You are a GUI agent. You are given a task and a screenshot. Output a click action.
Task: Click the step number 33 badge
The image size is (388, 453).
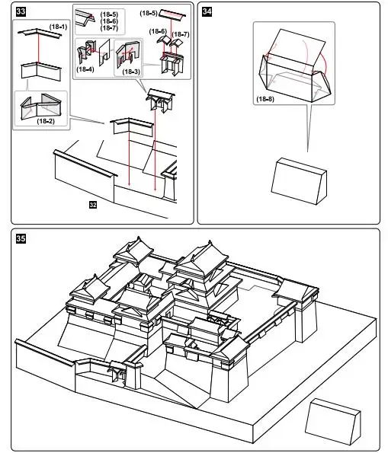[21, 11]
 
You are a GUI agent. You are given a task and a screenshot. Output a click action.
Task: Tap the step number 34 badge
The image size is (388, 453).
[207, 11]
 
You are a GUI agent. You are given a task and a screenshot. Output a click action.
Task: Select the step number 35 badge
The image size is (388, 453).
[21, 238]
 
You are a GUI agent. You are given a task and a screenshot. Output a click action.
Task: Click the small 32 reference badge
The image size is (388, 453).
[93, 205]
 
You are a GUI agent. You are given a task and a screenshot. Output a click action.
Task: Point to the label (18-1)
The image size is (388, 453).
[58, 27]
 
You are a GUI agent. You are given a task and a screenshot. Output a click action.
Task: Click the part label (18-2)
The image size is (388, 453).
[46, 121]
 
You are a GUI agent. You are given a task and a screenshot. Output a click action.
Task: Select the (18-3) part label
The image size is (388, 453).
[131, 72]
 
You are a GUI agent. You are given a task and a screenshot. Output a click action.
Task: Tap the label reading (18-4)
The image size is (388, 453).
[85, 69]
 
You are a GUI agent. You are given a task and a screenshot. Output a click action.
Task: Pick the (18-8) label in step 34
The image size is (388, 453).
[265, 99]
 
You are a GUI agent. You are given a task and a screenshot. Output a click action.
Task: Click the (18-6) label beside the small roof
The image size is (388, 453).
[158, 31]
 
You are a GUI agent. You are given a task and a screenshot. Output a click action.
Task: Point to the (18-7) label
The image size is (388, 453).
[181, 34]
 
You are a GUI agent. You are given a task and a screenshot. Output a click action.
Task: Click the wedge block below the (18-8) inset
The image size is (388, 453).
[299, 181]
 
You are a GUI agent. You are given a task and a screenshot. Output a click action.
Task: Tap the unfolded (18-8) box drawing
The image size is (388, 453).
[295, 67]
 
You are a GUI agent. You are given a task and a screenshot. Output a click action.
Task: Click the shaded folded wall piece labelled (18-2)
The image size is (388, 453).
[41, 107]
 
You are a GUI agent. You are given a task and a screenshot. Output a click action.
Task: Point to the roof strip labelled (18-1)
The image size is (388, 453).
[40, 33]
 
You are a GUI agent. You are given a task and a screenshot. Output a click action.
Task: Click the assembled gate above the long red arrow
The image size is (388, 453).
[161, 100]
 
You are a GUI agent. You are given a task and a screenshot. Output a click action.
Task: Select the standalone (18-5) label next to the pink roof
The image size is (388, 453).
[149, 13]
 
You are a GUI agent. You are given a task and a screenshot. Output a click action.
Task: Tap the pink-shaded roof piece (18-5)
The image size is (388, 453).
[172, 15]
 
